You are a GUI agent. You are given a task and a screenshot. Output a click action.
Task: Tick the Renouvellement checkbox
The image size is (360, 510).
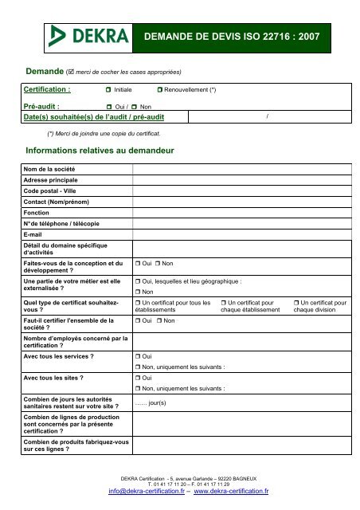159,91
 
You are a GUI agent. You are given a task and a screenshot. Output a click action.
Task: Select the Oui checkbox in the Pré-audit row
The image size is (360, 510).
109,106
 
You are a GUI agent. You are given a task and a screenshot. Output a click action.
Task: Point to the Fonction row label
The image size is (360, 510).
37,214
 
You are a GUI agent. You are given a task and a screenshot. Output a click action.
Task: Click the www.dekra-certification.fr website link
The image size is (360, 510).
231,492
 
